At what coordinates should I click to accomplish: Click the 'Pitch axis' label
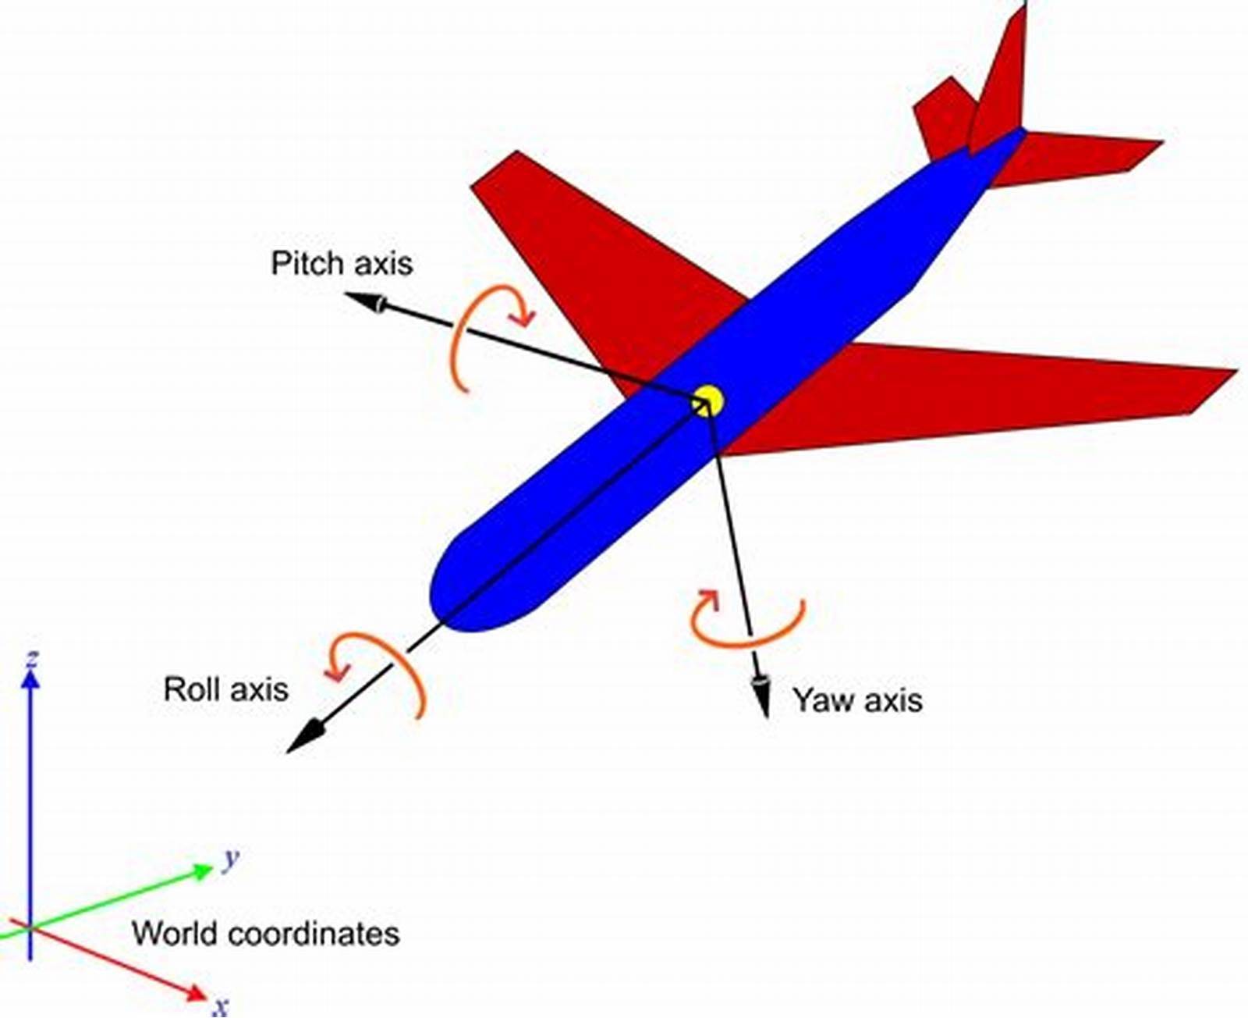tap(342, 263)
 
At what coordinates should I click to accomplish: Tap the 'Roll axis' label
tap(225, 689)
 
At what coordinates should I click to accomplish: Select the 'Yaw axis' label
tap(857, 699)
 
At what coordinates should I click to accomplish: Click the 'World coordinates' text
tap(265, 934)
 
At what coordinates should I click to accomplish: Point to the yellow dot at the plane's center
tap(709, 401)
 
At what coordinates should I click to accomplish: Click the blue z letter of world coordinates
tap(32, 660)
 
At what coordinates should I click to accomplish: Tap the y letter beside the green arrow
tap(230, 860)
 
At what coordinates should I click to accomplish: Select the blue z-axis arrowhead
tap(30, 679)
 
